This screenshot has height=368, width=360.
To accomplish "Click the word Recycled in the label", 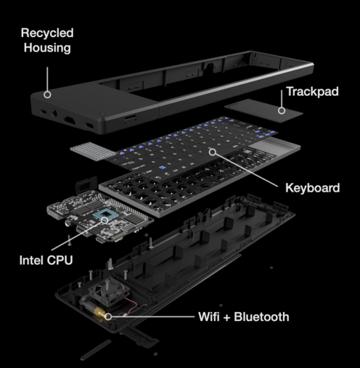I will pos(46,33).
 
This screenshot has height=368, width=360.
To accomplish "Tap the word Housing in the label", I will pos(46,48).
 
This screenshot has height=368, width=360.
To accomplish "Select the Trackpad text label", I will pos(312,92).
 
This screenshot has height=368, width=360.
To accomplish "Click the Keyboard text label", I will pos(312,188).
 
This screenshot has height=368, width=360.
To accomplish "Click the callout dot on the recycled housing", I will pos(47,93).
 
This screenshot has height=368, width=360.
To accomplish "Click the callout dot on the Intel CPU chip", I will pos(105,219).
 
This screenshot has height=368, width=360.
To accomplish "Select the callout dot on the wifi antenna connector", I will pos(111,316).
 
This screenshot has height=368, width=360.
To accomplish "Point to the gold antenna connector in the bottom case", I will pos(106,315).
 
